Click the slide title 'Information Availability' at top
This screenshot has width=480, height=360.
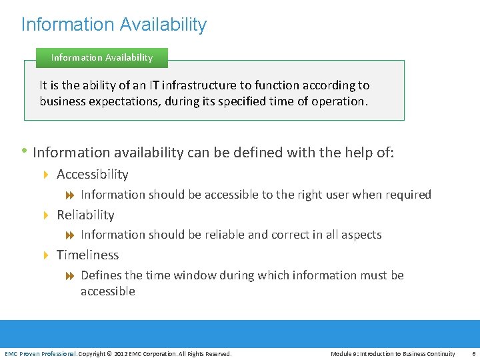click(114, 25)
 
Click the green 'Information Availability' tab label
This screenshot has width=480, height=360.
click(101, 57)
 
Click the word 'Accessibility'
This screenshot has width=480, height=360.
click(92, 175)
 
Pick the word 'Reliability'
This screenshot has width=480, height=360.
click(85, 215)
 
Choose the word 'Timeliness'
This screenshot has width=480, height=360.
click(87, 255)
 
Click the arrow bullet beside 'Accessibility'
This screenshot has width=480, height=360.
click(47, 175)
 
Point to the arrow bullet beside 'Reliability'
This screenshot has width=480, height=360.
click(47, 215)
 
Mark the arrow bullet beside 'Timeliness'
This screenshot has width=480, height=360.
click(47, 255)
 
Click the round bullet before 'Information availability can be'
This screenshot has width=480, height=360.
click(25, 151)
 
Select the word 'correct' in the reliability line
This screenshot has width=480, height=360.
click(284, 235)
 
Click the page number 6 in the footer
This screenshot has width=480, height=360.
click(473, 353)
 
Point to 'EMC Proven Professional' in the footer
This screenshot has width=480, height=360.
click(41, 353)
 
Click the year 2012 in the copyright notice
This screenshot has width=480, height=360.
click(121, 353)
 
